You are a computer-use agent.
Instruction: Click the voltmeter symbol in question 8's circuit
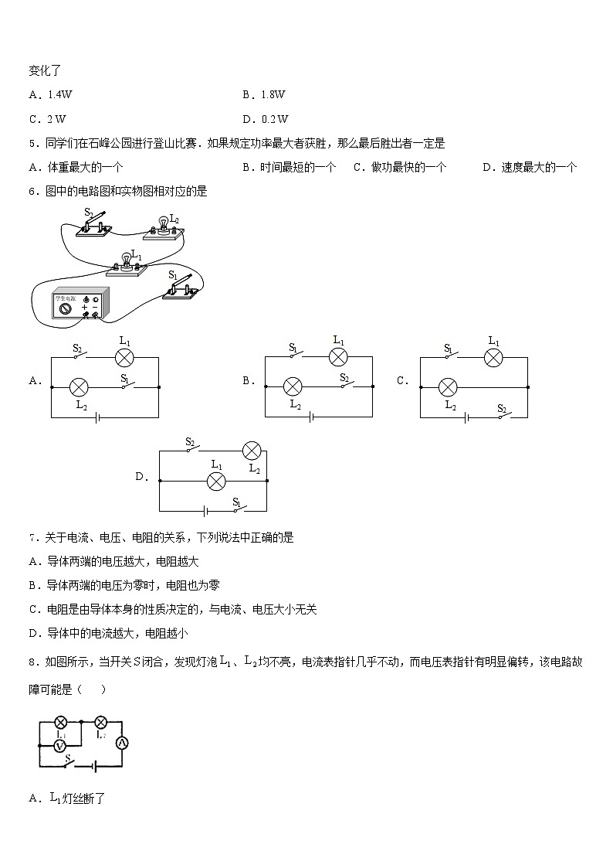60,744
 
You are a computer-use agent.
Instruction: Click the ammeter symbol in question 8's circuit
120,743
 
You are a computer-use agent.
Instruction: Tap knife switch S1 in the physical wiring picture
181,288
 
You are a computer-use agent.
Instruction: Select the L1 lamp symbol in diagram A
125,357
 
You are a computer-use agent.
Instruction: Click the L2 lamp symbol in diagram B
292,386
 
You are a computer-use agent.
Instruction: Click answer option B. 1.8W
264,94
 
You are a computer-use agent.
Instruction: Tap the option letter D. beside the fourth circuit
142,477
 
